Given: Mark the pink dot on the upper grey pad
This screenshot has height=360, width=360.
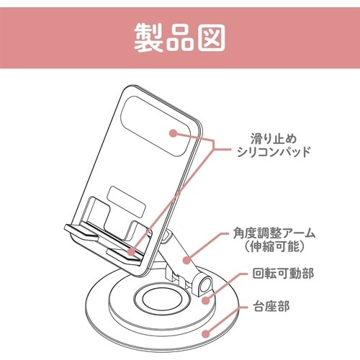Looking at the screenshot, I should [173, 132].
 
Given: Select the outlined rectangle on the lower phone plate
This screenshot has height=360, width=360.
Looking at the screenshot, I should [127, 199].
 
